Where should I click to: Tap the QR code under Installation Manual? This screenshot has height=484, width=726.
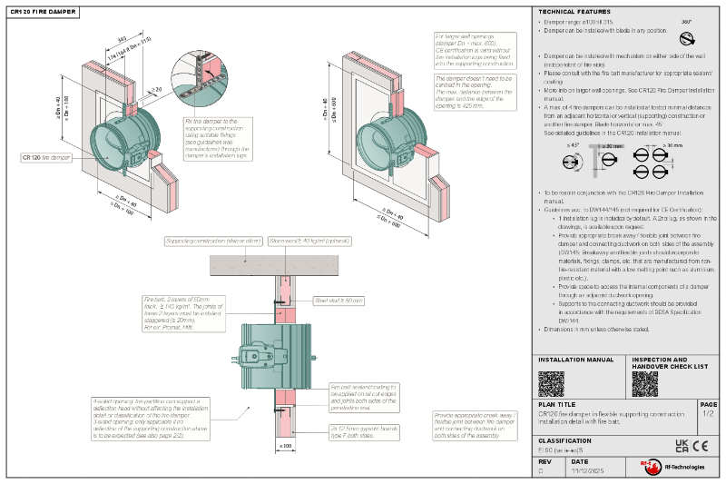551,383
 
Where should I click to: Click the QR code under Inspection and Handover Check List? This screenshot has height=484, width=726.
644,383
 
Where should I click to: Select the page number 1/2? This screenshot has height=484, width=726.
708,414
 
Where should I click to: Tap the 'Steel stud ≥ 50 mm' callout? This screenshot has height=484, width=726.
338,300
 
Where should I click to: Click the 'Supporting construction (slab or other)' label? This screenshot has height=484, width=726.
213,242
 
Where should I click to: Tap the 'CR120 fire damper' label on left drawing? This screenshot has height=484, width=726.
44,157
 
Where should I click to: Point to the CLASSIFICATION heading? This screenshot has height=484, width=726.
565,440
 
